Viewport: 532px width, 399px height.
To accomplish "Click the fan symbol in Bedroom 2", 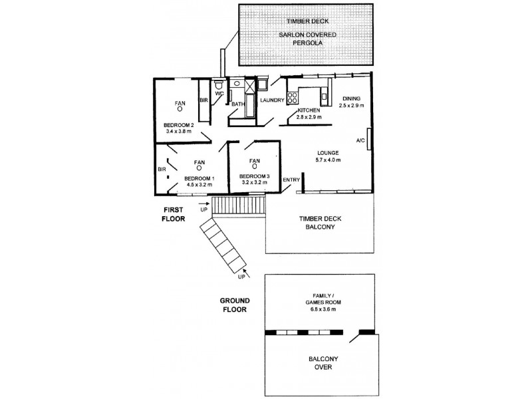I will (180, 112).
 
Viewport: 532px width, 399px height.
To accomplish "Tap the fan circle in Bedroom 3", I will (254, 168).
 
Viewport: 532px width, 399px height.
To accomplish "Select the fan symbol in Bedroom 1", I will (199, 170).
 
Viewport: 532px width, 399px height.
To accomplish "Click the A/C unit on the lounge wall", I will (368, 140).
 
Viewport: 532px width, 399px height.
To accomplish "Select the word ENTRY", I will (291, 180).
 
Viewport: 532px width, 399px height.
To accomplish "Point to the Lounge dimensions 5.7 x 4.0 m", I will (329, 160).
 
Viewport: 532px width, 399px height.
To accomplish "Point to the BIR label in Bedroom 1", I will (162, 170).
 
